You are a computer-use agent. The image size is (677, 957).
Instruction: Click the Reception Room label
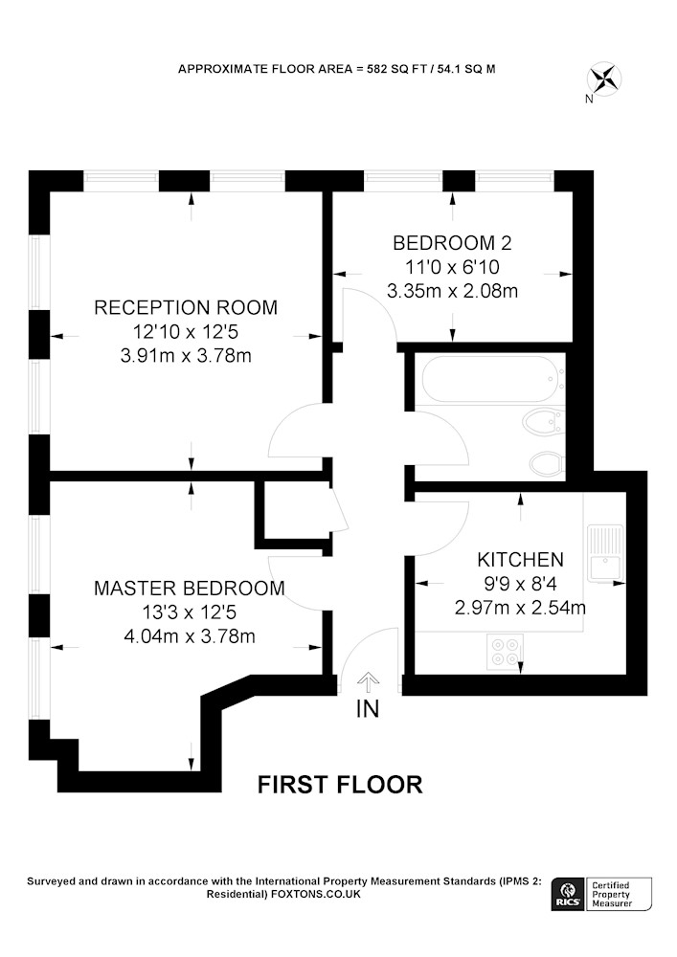(186, 307)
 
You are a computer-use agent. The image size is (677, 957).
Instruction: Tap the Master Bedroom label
(190, 588)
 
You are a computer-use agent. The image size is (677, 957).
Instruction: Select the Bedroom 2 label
(452, 243)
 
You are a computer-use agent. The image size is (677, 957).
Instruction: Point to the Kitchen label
(520, 559)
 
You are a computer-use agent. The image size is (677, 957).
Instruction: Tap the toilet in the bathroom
(547, 464)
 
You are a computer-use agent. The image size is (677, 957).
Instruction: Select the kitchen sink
(604, 552)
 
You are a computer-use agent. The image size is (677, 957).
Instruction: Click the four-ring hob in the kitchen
(506, 652)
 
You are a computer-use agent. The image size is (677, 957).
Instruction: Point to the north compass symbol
(603, 81)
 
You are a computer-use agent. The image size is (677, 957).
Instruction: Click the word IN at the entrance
(368, 708)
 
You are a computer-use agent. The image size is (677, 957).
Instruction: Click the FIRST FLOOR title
(339, 785)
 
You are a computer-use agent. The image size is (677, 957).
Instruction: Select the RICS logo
(567, 894)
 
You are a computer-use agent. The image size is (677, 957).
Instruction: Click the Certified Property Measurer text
(612, 894)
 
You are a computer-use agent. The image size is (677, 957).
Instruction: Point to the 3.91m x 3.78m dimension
(186, 355)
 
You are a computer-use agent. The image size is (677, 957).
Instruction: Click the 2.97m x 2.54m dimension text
(520, 608)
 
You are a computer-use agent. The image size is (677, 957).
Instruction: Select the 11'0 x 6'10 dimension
(452, 267)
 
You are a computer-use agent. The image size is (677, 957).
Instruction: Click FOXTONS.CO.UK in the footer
(316, 894)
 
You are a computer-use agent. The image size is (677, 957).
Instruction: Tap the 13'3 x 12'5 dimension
(190, 612)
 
